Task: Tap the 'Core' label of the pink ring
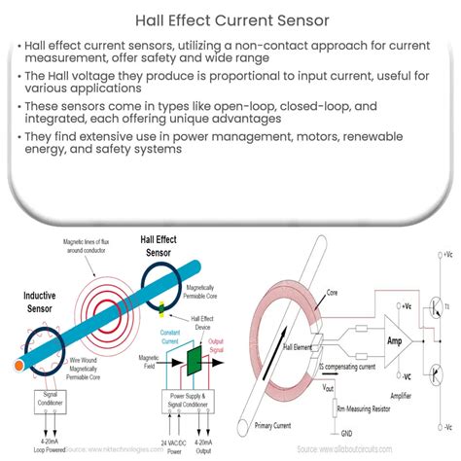tap(331, 290)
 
